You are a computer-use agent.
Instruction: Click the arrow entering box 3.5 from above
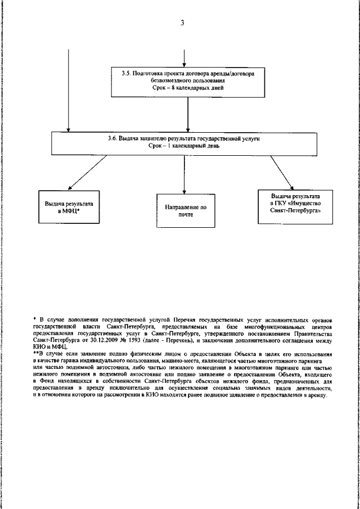pos(184,58)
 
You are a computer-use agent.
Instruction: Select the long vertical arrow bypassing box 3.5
pos(69,90)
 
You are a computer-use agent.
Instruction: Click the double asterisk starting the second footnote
pos(35,355)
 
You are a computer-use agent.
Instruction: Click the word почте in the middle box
pos(186,215)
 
